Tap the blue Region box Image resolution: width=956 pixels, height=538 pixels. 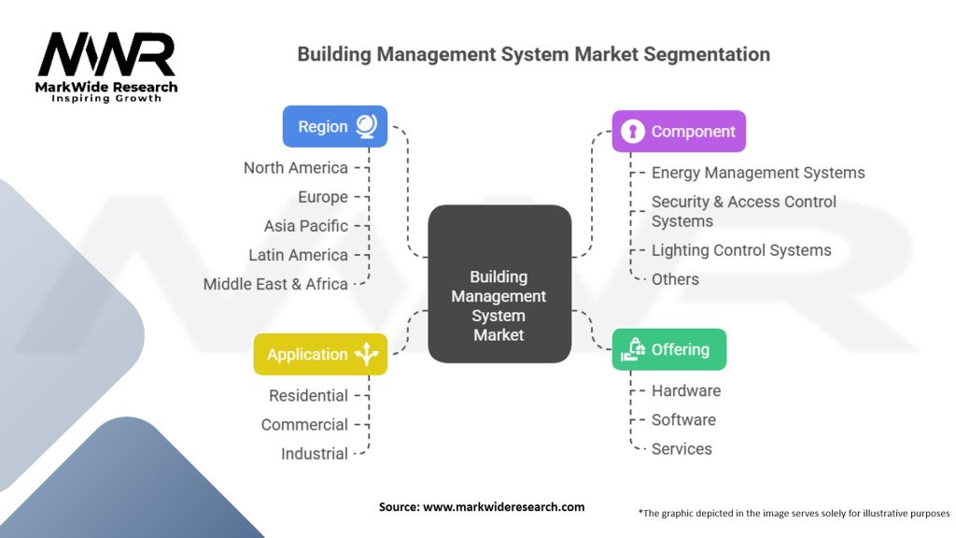coord(334,126)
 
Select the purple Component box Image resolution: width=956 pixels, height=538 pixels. coord(679,132)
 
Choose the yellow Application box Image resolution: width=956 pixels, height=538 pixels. coord(320,354)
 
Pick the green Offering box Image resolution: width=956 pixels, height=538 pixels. coord(669,349)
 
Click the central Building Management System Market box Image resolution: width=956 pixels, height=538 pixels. coord(499,284)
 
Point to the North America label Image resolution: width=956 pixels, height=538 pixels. coord(295,168)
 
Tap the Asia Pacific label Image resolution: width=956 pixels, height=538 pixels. coord(305,226)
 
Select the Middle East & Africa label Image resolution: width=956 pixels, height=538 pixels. coord(275,284)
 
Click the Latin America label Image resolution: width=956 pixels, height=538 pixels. coord(298,255)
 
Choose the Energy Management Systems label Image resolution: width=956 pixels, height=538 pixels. coord(758,173)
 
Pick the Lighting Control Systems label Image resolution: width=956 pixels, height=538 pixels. coord(741,250)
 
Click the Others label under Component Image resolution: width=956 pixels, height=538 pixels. coord(675,279)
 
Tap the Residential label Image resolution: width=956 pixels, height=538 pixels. coord(308,396)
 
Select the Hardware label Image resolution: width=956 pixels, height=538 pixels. coord(686,390)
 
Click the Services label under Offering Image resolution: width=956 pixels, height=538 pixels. coord(682,448)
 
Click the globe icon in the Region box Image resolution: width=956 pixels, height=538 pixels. coord(366,126)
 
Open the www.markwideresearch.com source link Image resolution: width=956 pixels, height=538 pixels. coord(503,507)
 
